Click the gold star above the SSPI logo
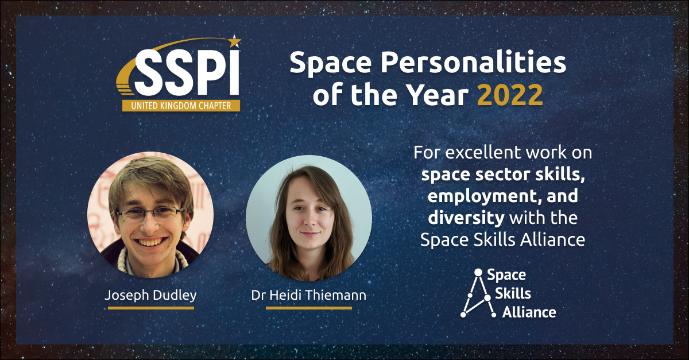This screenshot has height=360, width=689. pyautogui.click(x=235, y=41)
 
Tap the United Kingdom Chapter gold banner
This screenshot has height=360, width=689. pyautogui.click(x=181, y=106)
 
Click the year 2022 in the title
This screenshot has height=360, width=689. pyautogui.click(x=510, y=95)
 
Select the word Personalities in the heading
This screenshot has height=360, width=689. pyautogui.click(x=473, y=64)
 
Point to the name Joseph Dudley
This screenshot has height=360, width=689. pyautogui.click(x=150, y=295)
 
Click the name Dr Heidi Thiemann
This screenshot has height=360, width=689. pyautogui.click(x=309, y=295)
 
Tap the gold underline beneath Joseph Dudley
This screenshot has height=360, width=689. pyautogui.click(x=150, y=308)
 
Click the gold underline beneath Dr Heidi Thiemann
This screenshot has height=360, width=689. pyautogui.click(x=309, y=308)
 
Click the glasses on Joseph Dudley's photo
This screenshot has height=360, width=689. pyautogui.click(x=150, y=213)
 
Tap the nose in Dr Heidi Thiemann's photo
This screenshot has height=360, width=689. pyautogui.click(x=309, y=220)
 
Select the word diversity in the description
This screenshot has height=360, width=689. pyautogui.click(x=466, y=218)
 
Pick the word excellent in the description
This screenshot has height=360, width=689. pyautogui.click(x=483, y=152)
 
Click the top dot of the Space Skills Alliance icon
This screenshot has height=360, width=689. pyautogui.click(x=478, y=272)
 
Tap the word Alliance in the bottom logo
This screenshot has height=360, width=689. pyautogui.click(x=529, y=312)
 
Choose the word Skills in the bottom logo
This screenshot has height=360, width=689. pyautogui.click(x=513, y=293)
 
